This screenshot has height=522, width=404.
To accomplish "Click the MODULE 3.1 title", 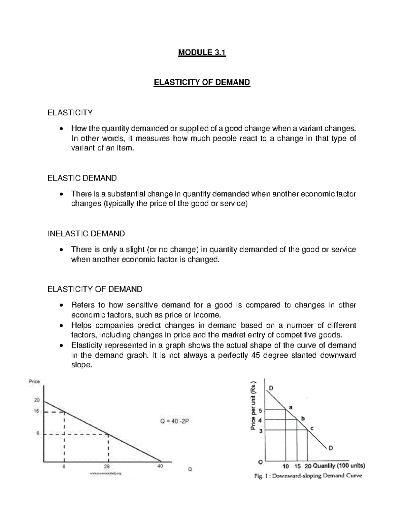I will (202, 53).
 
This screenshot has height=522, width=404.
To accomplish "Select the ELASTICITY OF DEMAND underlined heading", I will (202, 82).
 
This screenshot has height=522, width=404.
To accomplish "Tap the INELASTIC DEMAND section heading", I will (86, 233).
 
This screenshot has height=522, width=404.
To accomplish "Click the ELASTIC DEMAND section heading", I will (82, 178).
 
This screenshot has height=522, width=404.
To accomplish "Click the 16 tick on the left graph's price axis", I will (36, 411).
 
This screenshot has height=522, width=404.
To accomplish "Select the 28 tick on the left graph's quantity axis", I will (108, 466).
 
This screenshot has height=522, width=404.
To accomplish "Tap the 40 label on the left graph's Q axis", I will (160, 466).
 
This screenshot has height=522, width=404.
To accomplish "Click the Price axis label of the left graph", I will (34, 382).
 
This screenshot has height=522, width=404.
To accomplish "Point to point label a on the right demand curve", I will (291, 407).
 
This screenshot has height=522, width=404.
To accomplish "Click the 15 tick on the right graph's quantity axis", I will (297, 466).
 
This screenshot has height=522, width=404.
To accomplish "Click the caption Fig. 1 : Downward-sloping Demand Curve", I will (308, 476).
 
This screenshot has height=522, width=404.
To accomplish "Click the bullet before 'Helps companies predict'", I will (61, 326).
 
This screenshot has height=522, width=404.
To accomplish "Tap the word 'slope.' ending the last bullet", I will (81, 366).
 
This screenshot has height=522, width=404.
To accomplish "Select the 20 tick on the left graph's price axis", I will (36, 400).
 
